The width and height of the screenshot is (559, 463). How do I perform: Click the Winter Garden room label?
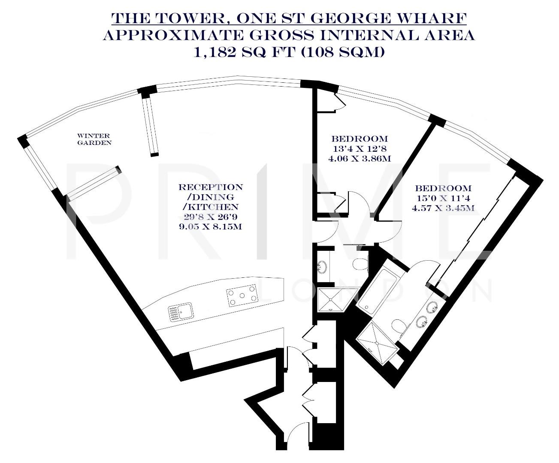94,139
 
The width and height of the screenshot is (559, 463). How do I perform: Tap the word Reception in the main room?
210,187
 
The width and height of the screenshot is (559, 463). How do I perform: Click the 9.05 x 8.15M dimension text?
210,226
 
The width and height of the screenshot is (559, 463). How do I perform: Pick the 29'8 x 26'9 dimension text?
210,216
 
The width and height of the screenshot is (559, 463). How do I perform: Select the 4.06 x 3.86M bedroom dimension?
360,158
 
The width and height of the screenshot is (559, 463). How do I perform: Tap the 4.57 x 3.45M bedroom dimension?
443,208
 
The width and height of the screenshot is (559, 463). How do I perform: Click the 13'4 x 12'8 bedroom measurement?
360,149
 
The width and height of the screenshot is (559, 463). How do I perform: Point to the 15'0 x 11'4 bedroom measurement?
443,198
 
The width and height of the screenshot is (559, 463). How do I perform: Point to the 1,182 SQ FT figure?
240,52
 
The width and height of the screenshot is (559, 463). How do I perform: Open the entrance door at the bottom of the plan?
296,429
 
